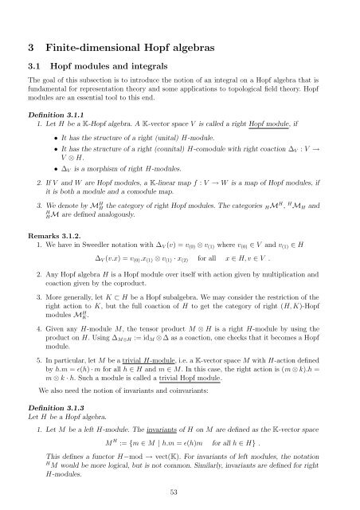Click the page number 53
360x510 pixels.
pos(179,492)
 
